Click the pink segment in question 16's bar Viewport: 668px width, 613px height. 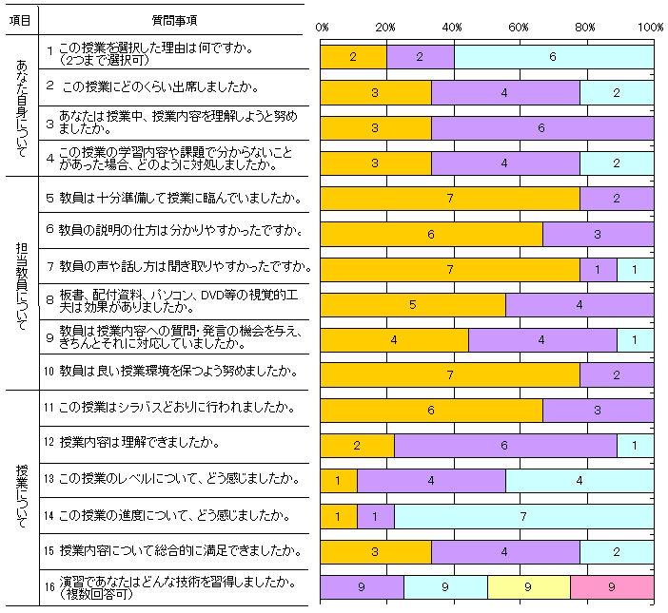pyautogui.click(x=612, y=587)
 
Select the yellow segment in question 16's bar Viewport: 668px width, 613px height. pyautogui.click(x=528, y=587)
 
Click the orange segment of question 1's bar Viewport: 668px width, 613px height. pyautogui.click(x=353, y=57)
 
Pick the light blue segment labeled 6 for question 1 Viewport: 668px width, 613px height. pyautogui.click(x=553, y=57)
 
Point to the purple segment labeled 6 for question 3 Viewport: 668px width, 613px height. pyautogui.click(x=541, y=127)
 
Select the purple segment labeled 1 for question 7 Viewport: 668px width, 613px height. pyautogui.click(x=598, y=270)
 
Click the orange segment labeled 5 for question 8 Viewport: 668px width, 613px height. pyautogui.click(x=412, y=305)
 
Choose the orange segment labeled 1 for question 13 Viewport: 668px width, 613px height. pyautogui.click(x=338, y=481)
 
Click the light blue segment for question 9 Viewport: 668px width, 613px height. pyautogui.click(x=635, y=340)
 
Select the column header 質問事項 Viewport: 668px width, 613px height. pyautogui.click(x=175, y=20)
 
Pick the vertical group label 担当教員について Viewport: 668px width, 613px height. pyautogui.click(x=21, y=281)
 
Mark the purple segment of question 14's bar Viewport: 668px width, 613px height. pyautogui.click(x=375, y=517)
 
